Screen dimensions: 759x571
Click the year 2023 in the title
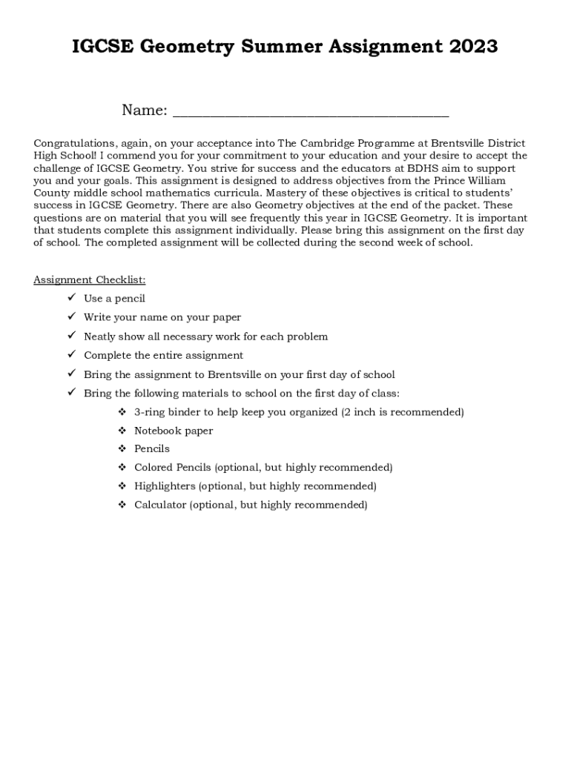coord(472,47)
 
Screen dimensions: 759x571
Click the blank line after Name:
coord(311,113)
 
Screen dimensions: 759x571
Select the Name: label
coord(145,110)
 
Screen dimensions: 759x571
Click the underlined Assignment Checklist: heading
coord(90,279)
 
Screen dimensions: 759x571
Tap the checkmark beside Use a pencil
coord(72,298)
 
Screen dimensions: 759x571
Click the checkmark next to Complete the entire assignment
coord(72,355)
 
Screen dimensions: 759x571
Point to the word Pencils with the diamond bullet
coord(152,448)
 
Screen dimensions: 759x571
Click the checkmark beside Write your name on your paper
coord(72,317)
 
